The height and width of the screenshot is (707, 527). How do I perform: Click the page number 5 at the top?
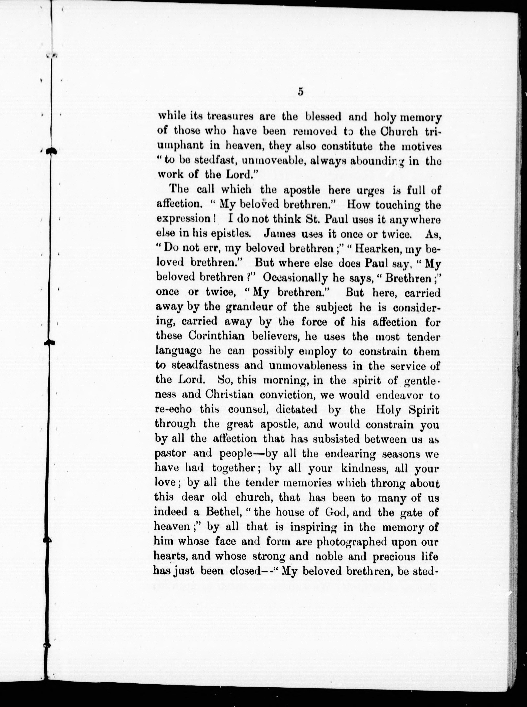301,92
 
